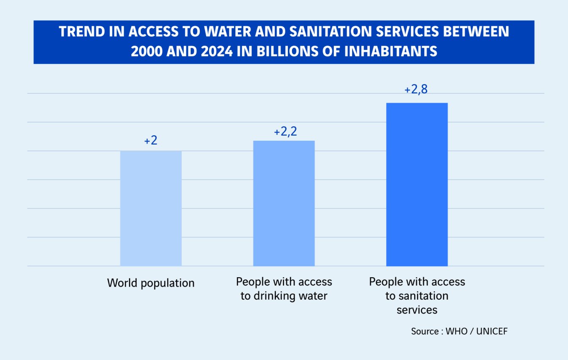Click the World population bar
point(151,208)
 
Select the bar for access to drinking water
point(284,203)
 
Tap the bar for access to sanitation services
point(417,184)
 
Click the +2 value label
point(151,141)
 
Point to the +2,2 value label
point(285,132)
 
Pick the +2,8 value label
point(416,90)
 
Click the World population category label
point(151,283)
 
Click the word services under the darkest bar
point(417,310)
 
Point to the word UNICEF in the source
point(492,331)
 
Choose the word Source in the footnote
point(425,331)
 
